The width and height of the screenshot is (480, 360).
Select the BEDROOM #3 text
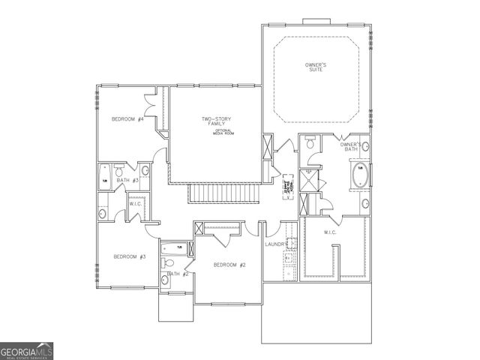pos(129,256)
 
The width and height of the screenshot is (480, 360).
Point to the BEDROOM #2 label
pos(229,264)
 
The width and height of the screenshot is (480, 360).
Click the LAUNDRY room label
pos(276,244)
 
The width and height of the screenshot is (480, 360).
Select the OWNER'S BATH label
pos(351,146)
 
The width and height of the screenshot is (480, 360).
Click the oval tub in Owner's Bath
pos(360,176)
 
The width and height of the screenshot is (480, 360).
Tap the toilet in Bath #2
pos(169,263)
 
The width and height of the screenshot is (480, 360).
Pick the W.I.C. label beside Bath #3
pos(136,204)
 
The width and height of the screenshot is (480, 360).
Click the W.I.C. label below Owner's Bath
pos(330,232)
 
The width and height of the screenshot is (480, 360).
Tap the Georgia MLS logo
pos(27,350)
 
